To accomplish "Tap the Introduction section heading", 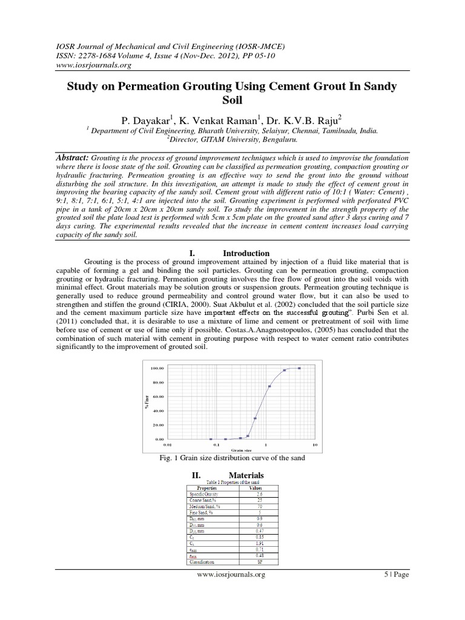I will [x=246, y=253].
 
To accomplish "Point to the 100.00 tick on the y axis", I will [x=157, y=368].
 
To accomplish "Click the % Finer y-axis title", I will [x=147, y=401].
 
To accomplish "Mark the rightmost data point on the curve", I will [x=299, y=368].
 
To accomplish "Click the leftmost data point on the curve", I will [x=210, y=439].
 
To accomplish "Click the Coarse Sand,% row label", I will [x=203, y=500].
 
